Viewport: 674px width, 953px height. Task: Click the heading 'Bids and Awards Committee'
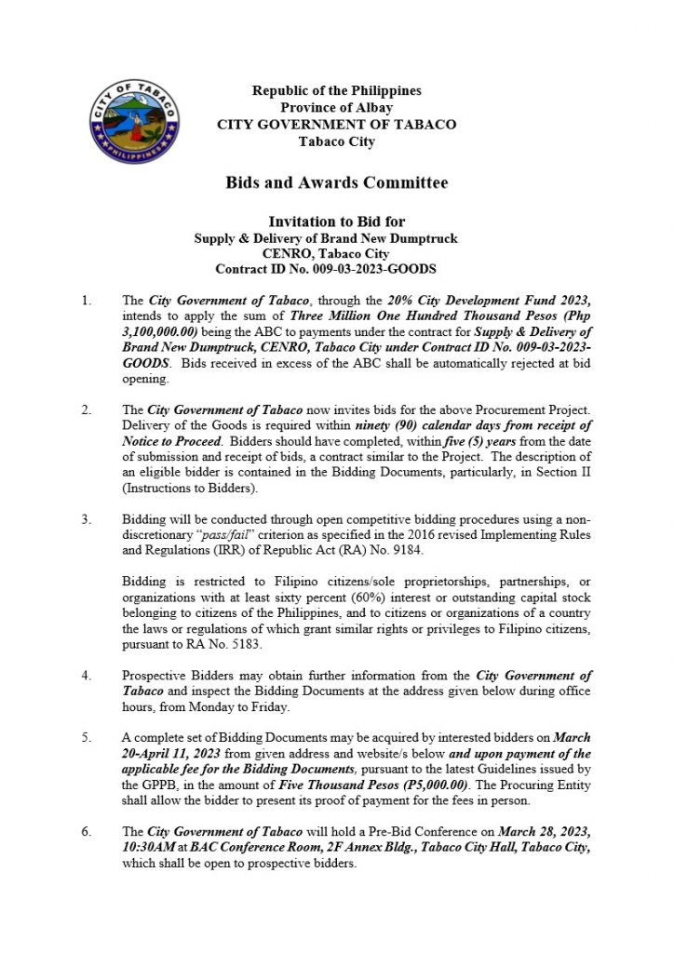(x=336, y=183)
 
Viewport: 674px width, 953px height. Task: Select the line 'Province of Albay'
(x=336, y=108)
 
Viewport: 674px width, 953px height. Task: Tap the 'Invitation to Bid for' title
(x=336, y=222)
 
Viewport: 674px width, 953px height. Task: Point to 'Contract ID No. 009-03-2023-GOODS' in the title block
(x=326, y=269)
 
